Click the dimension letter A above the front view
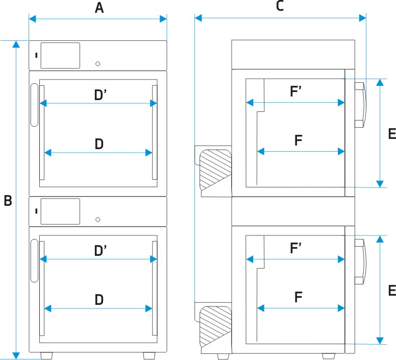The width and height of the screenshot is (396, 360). pyautogui.click(x=99, y=8)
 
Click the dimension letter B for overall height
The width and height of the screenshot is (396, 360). pyautogui.click(x=8, y=201)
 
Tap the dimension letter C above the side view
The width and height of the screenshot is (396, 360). pyautogui.click(x=280, y=6)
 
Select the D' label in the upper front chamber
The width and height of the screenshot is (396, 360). pyautogui.click(x=100, y=95)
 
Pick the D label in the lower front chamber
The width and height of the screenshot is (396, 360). pyautogui.click(x=99, y=300)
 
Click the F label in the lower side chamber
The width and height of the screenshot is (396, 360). pyautogui.click(x=298, y=297)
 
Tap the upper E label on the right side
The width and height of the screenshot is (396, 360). pyautogui.click(x=392, y=133)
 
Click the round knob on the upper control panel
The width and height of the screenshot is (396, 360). pyautogui.click(x=98, y=64)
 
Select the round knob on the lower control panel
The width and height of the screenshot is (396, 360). pyautogui.click(x=98, y=220)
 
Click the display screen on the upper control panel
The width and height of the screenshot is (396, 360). pyautogui.click(x=60, y=56)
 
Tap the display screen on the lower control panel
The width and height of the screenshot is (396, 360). pyautogui.click(x=60, y=211)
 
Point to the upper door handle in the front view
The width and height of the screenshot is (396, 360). pyautogui.click(x=34, y=105)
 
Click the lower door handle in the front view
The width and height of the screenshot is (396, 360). pyautogui.click(x=34, y=261)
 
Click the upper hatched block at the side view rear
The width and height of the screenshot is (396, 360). pyautogui.click(x=215, y=170)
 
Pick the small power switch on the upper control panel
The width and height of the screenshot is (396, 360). pyautogui.click(x=36, y=55)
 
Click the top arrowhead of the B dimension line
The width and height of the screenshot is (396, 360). pyautogui.click(x=16, y=44)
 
